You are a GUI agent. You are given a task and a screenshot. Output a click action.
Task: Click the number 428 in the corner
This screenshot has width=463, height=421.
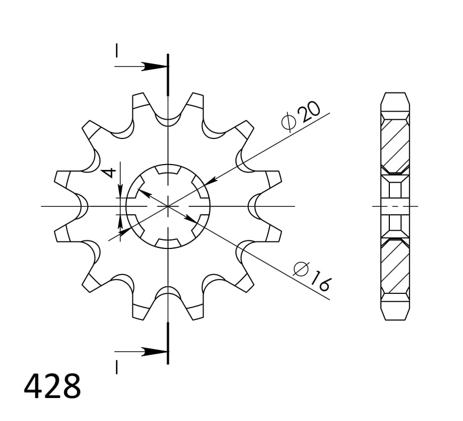(x=52, y=387)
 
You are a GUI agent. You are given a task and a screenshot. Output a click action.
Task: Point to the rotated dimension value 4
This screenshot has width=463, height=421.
(x=109, y=172)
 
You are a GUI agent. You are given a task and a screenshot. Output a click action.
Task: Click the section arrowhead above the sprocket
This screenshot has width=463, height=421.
(x=155, y=67)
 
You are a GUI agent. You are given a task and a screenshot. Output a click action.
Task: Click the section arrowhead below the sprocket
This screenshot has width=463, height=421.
(x=155, y=352)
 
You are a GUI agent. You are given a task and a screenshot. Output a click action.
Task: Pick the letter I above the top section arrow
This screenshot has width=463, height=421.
(x=116, y=51)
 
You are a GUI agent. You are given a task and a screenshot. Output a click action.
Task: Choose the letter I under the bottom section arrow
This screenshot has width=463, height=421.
(x=116, y=367)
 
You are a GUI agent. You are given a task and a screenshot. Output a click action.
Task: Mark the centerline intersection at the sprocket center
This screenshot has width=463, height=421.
(x=168, y=206)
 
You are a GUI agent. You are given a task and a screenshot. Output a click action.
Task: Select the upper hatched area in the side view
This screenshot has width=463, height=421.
(x=395, y=143)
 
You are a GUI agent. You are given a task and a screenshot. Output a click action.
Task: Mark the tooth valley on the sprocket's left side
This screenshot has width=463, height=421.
(x=81, y=206)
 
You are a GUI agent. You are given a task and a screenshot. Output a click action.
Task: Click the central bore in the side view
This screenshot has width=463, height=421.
(x=395, y=206)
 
